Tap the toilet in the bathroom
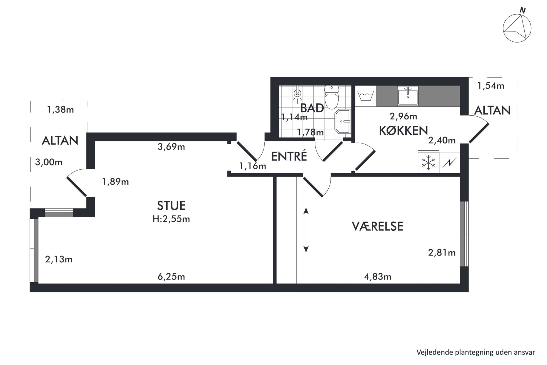(x=332, y=97)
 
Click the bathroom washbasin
(x=343, y=121)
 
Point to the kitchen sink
(x=408, y=96)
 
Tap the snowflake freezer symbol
(x=428, y=163)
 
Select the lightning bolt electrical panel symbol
(x=450, y=163)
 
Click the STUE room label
(x=171, y=206)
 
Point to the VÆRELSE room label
(x=377, y=226)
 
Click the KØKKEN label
(x=403, y=130)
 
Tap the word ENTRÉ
(x=289, y=156)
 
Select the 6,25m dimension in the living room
(x=171, y=276)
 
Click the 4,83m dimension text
(x=377, y=276)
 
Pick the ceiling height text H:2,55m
(x=171, y=219)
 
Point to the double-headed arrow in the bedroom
(x=306, y=230)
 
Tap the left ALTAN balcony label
(x=60, y=140)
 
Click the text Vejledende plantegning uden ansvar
(x=476, y=352)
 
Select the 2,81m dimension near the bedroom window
(x=442, y=253)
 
